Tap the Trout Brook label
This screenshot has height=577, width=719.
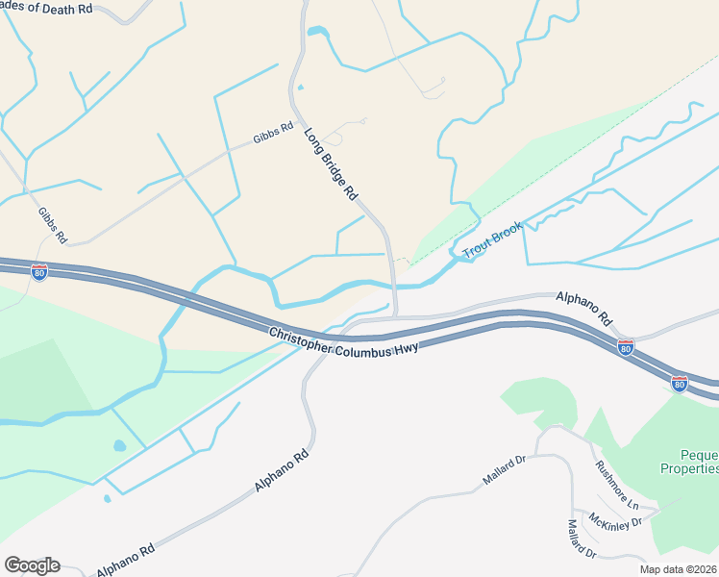(492, 240)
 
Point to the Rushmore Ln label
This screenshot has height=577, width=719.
(616, 485)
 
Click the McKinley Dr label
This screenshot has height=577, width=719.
(616, 523)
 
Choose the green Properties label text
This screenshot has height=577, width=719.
(689, 468)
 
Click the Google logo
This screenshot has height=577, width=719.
(32, 565)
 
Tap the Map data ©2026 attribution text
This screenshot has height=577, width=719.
(679, 569)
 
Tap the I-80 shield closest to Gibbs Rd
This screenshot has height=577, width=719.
(39, 272)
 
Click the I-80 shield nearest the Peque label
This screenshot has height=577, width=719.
(680, 383)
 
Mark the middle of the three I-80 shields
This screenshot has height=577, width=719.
(626, 348)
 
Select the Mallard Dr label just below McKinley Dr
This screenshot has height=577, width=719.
(582, 539)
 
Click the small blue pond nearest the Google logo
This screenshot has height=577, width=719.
(107, 498)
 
